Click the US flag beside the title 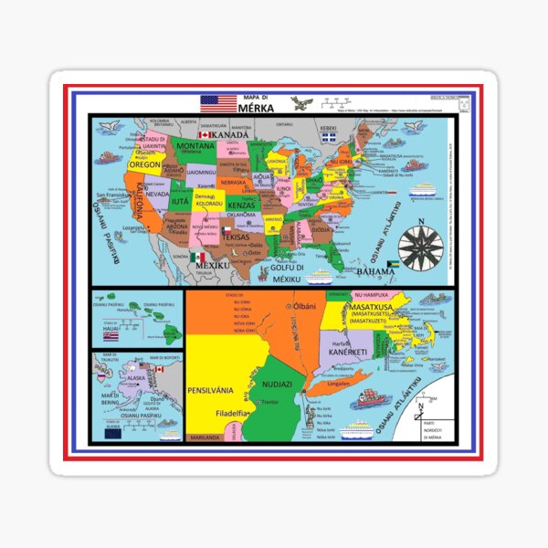tap(218, 103)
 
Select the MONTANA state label tap(195, 146)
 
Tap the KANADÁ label tap(229, 134)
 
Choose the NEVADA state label tap(156, 195)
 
